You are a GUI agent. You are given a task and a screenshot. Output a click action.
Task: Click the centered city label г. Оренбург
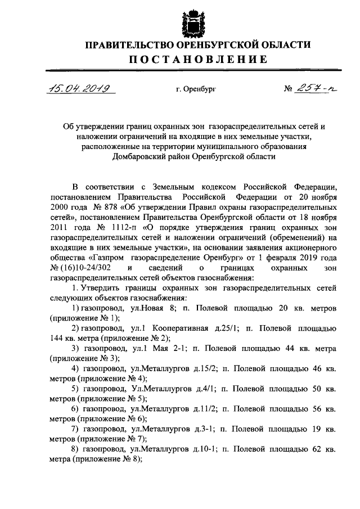tap(195, 89)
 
